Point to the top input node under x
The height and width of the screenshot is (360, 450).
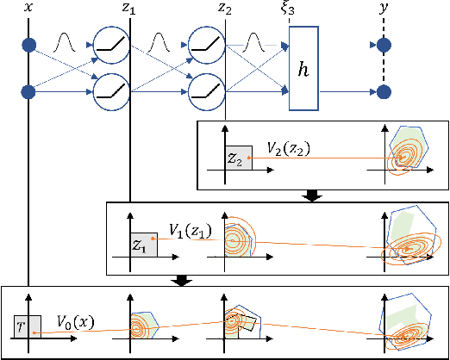(29, 45)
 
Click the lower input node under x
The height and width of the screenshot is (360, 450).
(29, 89)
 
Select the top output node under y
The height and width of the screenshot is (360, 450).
(384, 45)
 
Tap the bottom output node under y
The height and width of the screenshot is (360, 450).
(384, 89)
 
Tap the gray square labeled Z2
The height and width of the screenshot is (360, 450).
(238, 158)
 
